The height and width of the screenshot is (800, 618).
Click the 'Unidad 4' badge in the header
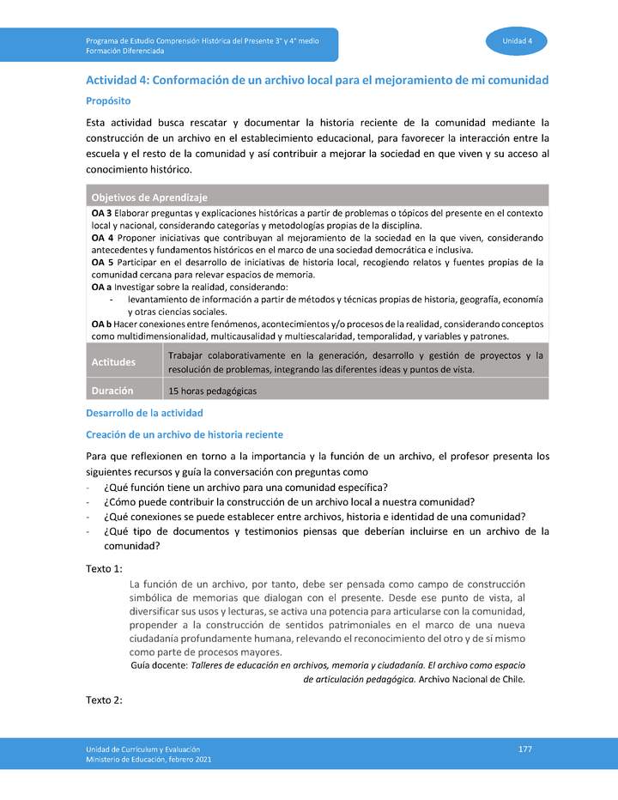point(518,41)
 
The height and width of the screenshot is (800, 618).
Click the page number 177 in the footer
point(525,749)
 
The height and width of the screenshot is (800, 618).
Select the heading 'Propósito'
point(108,100)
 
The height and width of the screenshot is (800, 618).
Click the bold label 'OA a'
point(101,287)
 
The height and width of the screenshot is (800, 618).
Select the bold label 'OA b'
point(101,324)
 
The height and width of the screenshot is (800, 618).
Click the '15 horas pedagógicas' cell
point(213,391)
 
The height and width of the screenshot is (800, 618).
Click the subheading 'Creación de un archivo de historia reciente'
point(185,434)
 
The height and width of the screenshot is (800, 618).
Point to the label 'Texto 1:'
point(105,568)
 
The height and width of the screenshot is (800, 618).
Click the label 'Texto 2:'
point(105,700)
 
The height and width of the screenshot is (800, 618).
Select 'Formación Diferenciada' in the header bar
point(125,52)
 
